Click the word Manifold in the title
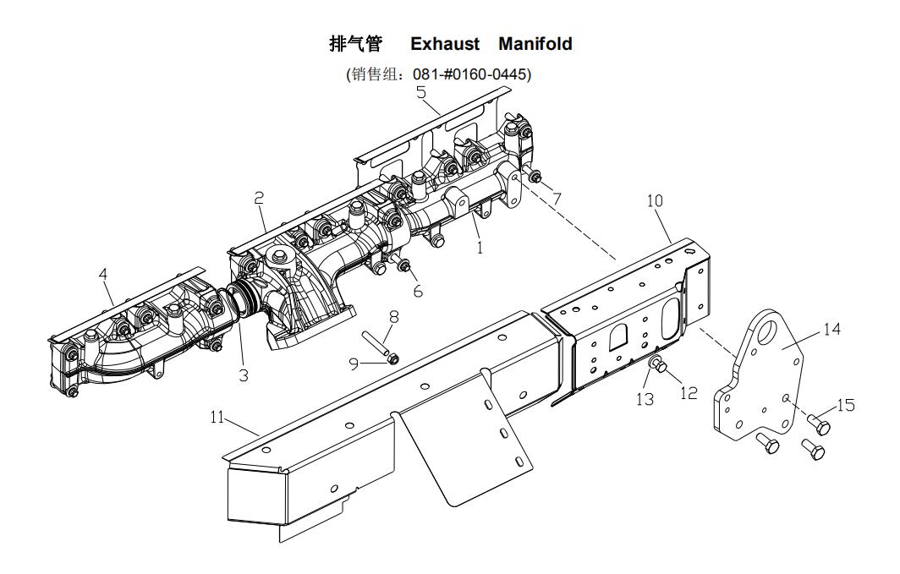(535, 44)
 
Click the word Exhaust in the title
(445, 44)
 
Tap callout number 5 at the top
(420, 93)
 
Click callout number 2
(259, 198)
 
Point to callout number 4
(102, 275)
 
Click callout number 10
(655, 201)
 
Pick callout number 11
(217, 416)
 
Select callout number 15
(845, 406)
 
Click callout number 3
(244, 374)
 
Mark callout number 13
(645, 398)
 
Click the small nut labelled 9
(392, 359)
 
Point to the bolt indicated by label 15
(817, 420)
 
